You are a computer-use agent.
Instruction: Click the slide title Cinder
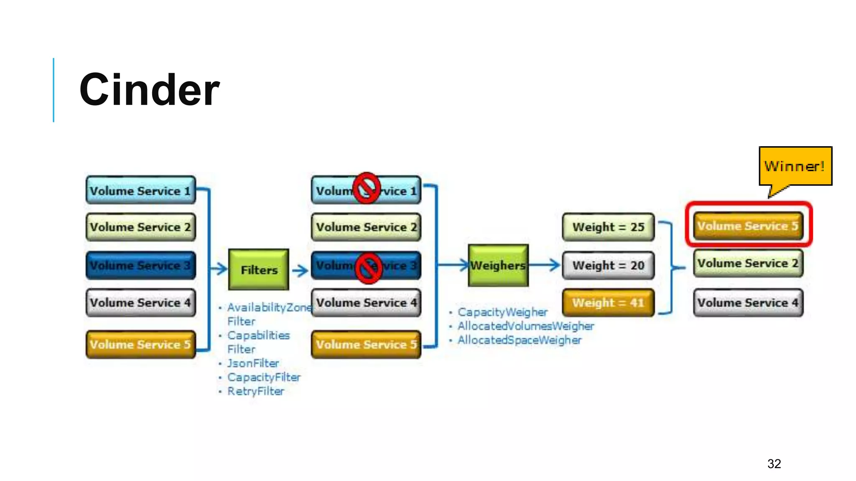point(149,90)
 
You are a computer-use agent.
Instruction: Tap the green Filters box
point(259,270)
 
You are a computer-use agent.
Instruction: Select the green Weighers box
point(498,265)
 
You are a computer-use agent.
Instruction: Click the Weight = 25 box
point(608,227)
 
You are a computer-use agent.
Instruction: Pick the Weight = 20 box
point(608,265)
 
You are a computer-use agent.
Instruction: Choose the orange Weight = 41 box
point(608,303)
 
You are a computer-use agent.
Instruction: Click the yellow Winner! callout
point(795,166)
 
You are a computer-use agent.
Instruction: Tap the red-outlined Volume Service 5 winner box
point(748,226)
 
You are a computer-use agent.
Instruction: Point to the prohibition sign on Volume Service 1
point(366,188)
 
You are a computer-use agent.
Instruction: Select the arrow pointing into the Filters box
point(219,269)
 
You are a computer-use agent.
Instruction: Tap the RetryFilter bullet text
point(255,391)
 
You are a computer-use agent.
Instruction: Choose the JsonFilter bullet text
point(253,363)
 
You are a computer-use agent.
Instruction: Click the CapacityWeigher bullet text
point(502,312)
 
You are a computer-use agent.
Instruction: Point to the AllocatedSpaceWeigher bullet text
point(519,340)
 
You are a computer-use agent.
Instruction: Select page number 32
point(774,463)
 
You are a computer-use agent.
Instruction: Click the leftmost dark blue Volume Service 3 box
point(140,265)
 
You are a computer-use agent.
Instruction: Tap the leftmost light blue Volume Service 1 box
point(140,190)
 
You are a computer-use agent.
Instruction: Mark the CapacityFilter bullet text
point(264,377)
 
